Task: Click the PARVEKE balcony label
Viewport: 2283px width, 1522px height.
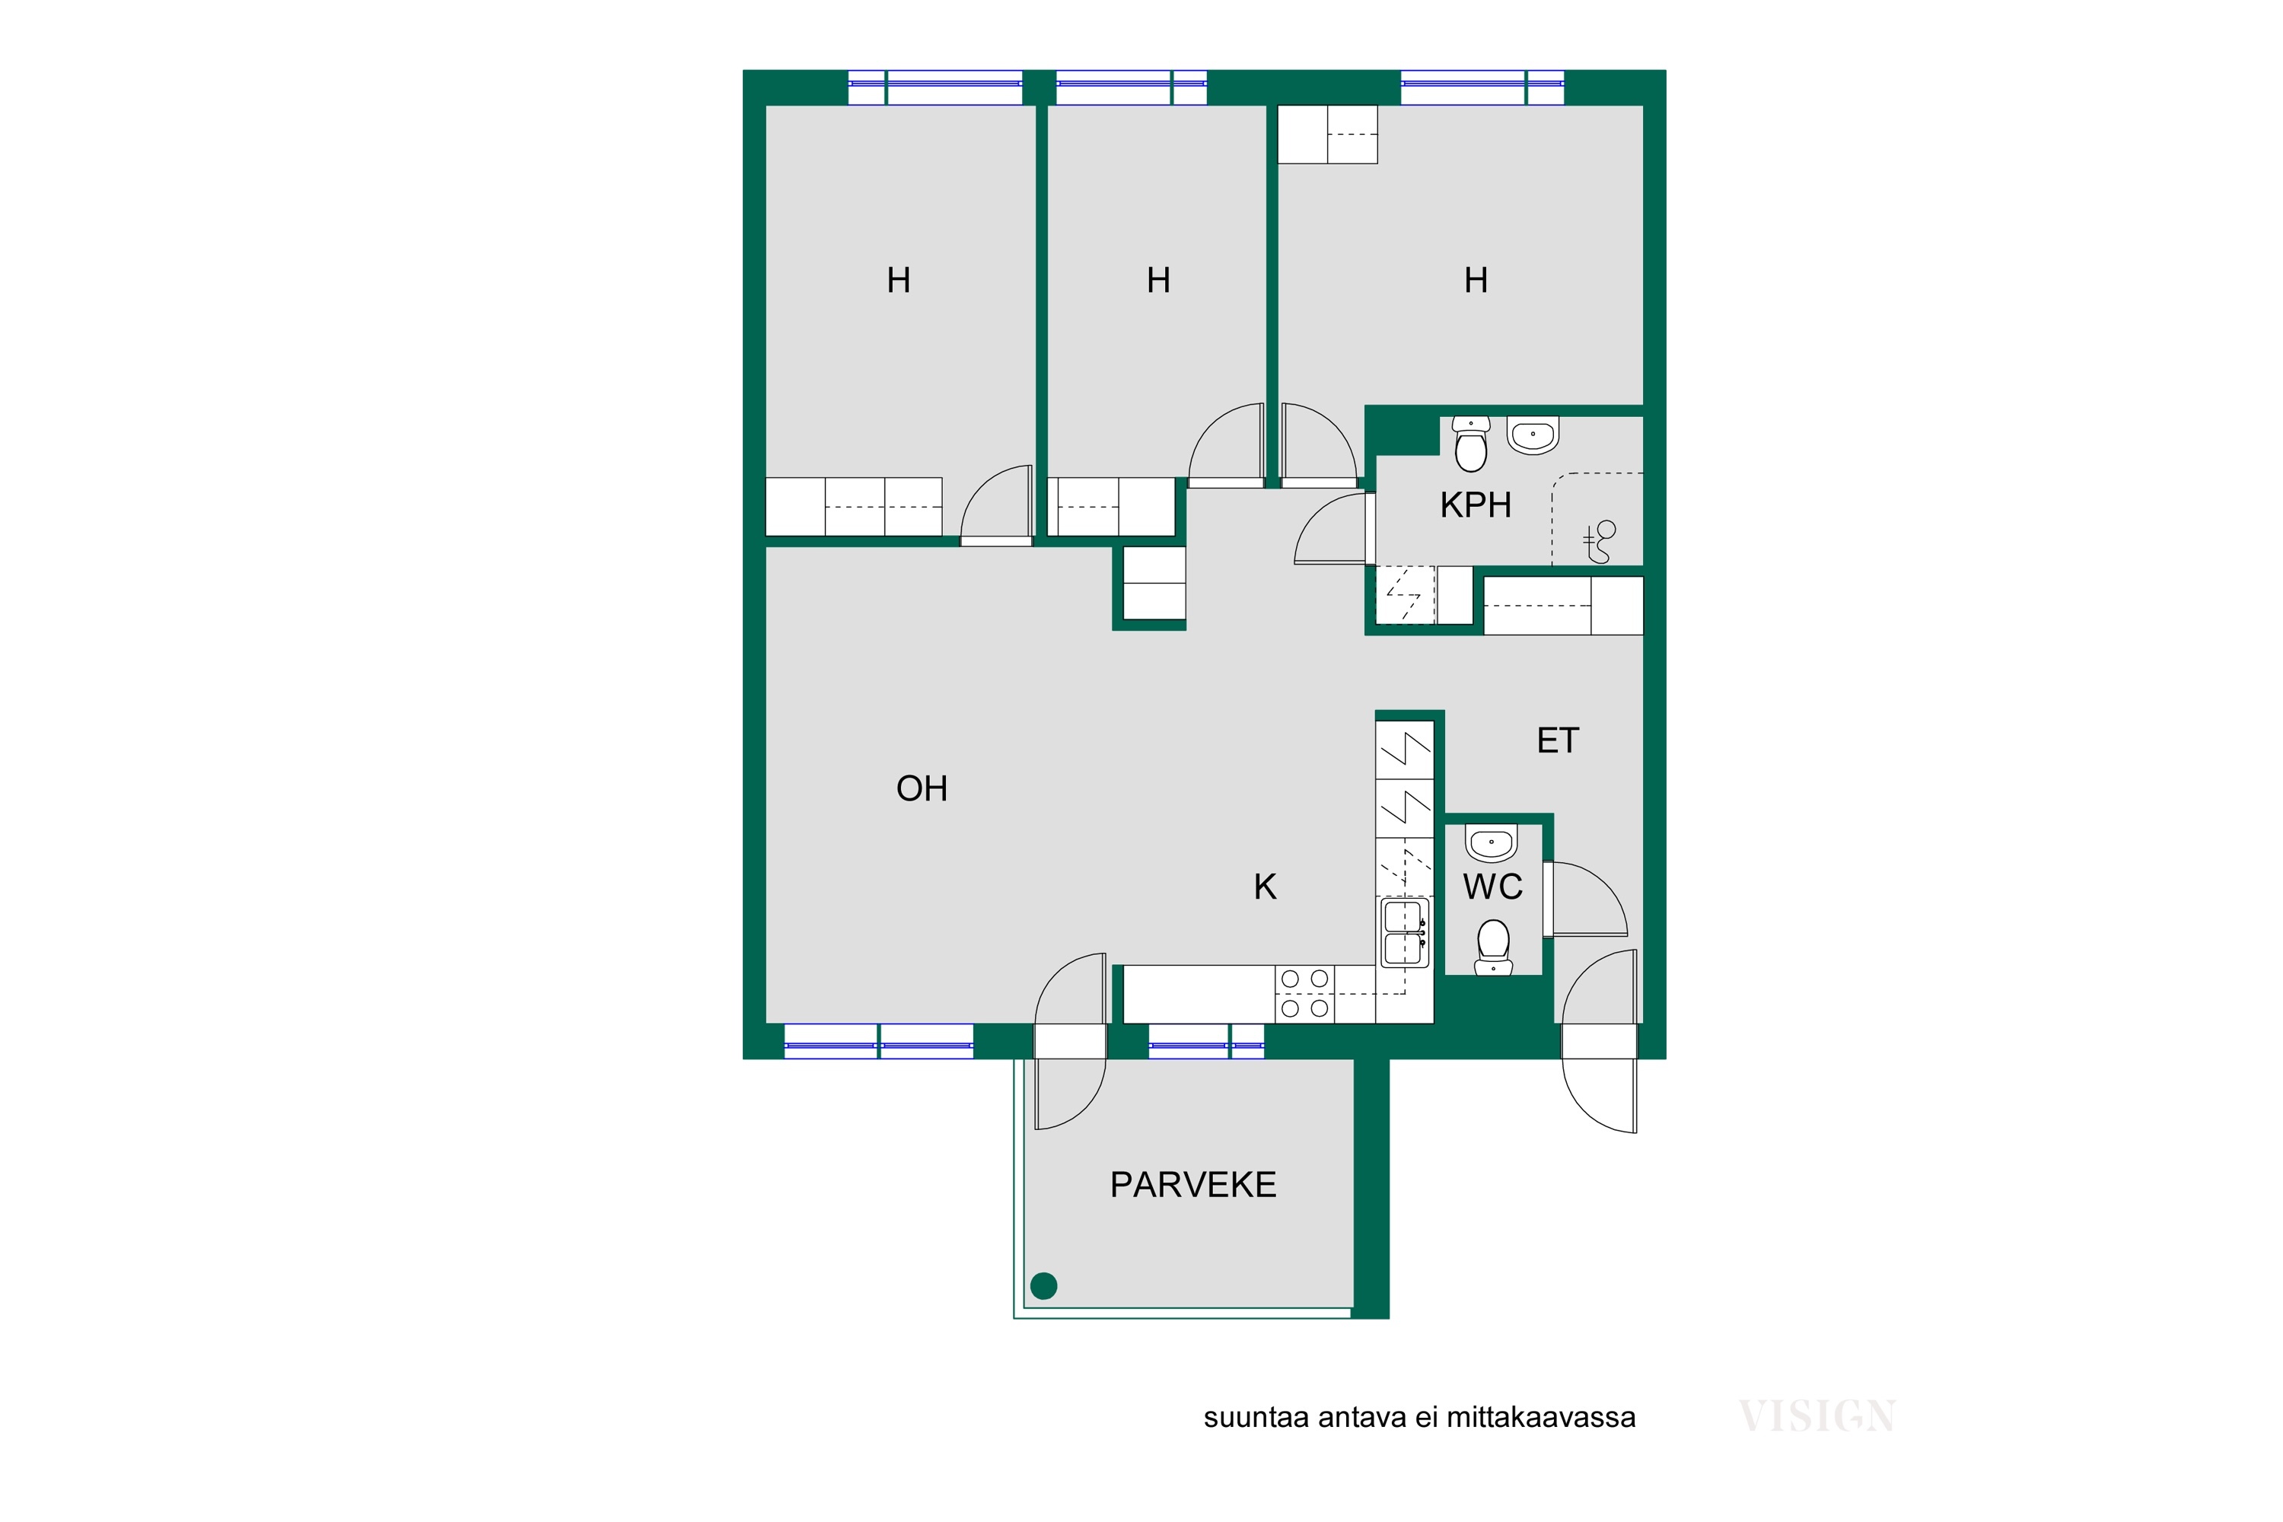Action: tap(1193, 1185)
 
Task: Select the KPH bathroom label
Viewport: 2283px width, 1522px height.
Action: tap(1476, 505)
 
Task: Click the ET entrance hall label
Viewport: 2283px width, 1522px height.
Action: tap(1558, 740)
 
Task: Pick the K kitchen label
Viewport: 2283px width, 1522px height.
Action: tap(1265, 887)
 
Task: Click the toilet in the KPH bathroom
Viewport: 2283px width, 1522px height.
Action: tap(1472, 444)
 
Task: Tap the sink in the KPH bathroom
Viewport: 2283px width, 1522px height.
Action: tap(1533, 435)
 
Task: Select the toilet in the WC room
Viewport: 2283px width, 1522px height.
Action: tap(1493, 947)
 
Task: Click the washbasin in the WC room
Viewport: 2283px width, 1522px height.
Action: tap(1491, 842)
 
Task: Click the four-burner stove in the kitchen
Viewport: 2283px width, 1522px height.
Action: tap(1304, 994)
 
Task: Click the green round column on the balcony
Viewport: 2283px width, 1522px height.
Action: tap(1043, 1286)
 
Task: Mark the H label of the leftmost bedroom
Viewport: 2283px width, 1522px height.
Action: tap(899, 281)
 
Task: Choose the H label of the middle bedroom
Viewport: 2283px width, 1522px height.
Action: tap(1158, 281)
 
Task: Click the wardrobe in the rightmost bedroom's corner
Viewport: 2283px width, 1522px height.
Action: tap(1327, 134)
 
